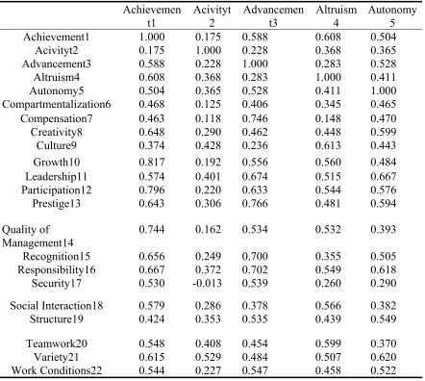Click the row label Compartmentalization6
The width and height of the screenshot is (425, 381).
tap(57, 105)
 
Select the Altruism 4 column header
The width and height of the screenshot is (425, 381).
tap(337, 16)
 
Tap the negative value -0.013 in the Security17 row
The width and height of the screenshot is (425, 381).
tap(207, 283)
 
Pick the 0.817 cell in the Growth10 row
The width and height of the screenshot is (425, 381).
tap(152, 162)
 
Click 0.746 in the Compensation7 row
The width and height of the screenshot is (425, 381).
tap(255, 118)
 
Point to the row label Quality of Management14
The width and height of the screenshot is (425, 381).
tap(37, 236)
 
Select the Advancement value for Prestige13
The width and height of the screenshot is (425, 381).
tap(255, 203)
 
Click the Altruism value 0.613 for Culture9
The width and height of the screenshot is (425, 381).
tap(328, 145)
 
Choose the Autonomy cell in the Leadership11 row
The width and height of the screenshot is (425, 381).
tap(384, 176)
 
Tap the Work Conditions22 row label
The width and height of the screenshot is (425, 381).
tap(57, 370)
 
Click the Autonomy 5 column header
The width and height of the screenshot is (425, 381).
tap(392, 16)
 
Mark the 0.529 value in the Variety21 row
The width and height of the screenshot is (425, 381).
tap(208, 357)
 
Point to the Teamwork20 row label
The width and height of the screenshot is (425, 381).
tap(57, 343)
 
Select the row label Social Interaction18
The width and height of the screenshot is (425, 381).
tap(57, 306)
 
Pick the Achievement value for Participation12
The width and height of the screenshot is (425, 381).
tap(152, 190)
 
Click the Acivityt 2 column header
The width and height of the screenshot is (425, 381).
tap(212, 16)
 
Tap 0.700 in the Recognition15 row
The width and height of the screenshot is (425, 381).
tap(255, 256)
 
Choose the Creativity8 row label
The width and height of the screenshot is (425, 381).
tap(57, 132)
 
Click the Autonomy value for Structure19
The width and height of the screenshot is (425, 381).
tap(384, 319)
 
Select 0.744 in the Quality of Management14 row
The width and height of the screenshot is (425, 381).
tap(152, 229)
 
